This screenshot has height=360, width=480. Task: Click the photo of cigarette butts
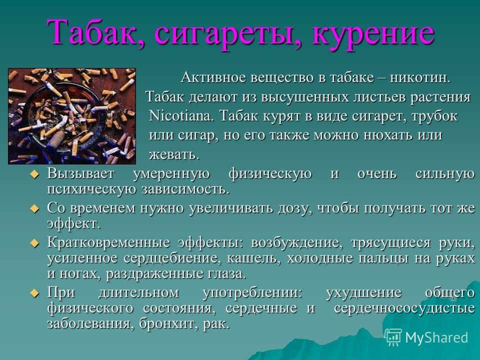[x=71, y=115]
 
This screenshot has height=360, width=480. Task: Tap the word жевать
[x=173, y=154]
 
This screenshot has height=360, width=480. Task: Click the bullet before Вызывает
[x=34, y=174]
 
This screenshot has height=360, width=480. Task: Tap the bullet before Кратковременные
[x=34, y=243]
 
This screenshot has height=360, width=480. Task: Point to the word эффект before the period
[x=69, y=223]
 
